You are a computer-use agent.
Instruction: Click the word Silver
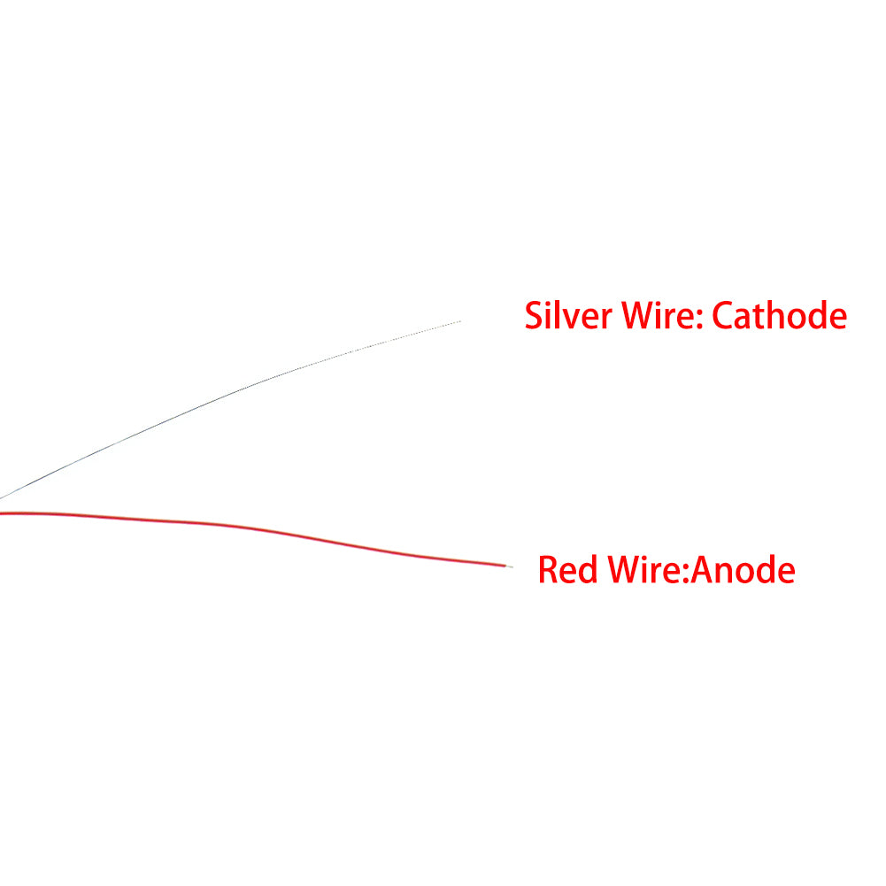click(568, 315)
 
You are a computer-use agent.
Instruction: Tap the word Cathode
click(779, 315)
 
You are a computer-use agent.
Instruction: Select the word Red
click(567, 570)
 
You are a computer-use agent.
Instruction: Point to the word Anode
click(743, 570)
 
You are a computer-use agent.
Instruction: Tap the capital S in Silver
click(534, 315)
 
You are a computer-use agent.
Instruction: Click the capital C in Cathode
click(721, 315)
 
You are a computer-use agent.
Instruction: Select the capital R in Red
click(548, 570)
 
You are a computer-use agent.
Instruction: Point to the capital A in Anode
click(702, 570)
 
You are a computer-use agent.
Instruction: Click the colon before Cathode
click(700, 320)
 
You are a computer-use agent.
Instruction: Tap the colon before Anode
click(686, 574)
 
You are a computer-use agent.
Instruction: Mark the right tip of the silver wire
click(460, 321)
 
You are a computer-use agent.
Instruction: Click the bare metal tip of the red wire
click(509, 566)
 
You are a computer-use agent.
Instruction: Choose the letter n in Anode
click(726, 574)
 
